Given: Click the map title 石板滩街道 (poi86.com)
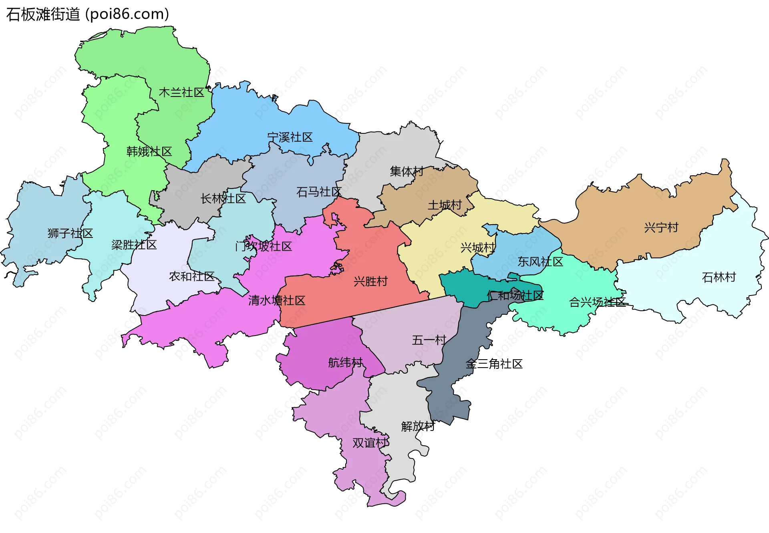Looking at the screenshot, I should click(x=87, y=14).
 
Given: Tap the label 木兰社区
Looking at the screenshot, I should click(x=181, y=93).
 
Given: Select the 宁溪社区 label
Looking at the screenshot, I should click(x=290, y=137).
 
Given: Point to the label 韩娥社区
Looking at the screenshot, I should click(x=149, y=151).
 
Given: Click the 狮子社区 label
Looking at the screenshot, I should click(x=70, y=233).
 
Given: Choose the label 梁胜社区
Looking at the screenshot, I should click(x=134, y=245).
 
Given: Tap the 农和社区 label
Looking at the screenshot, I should click(x=191, y=276).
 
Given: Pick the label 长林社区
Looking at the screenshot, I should click(x=223, y=199).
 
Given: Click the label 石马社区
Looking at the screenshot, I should click(x=318, y=192).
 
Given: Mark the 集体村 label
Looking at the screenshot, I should click(x=407, y=171).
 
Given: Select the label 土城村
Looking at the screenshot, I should click(x=445, y=205).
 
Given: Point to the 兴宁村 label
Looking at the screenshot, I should click(x=661, y=227).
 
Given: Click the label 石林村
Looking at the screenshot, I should click(x=719, y=277).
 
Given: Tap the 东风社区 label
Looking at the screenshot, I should click(x=540, y=262).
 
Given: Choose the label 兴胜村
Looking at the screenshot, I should click(x=370, y=282).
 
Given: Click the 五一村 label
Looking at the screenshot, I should click(x=429, y=340).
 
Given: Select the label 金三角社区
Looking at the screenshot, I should click(x=494, y=364).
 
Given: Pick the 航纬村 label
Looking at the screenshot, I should click(x=345, y=363).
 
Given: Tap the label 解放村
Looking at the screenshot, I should click(x=418, y=426).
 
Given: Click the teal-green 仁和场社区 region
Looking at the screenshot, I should click(x=461, y=286).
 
